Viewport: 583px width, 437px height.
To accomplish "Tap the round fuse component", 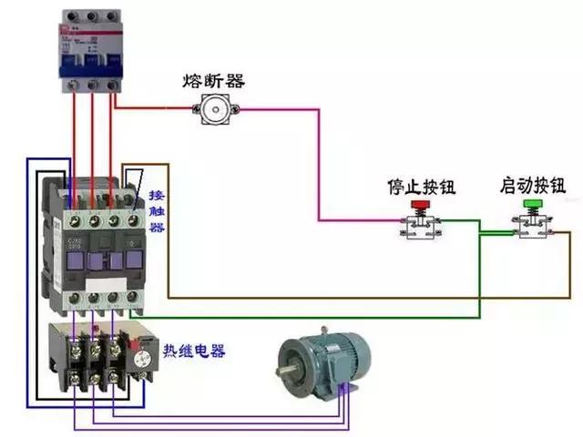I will click(x=215, y=109).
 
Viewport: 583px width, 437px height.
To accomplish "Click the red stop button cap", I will click(x=420, y=206).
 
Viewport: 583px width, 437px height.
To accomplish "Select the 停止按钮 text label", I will click(x=421, y=188).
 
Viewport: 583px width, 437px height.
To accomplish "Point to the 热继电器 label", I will click(x=194, y=351).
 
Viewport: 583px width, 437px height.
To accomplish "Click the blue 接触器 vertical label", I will click(x=157, y=212).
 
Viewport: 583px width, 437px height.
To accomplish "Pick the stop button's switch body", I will click(x=420, y=229).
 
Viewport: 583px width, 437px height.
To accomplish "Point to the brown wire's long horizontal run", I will click(x=364, y=298).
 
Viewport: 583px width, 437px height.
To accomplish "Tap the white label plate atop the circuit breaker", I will click(x=91, y=27).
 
